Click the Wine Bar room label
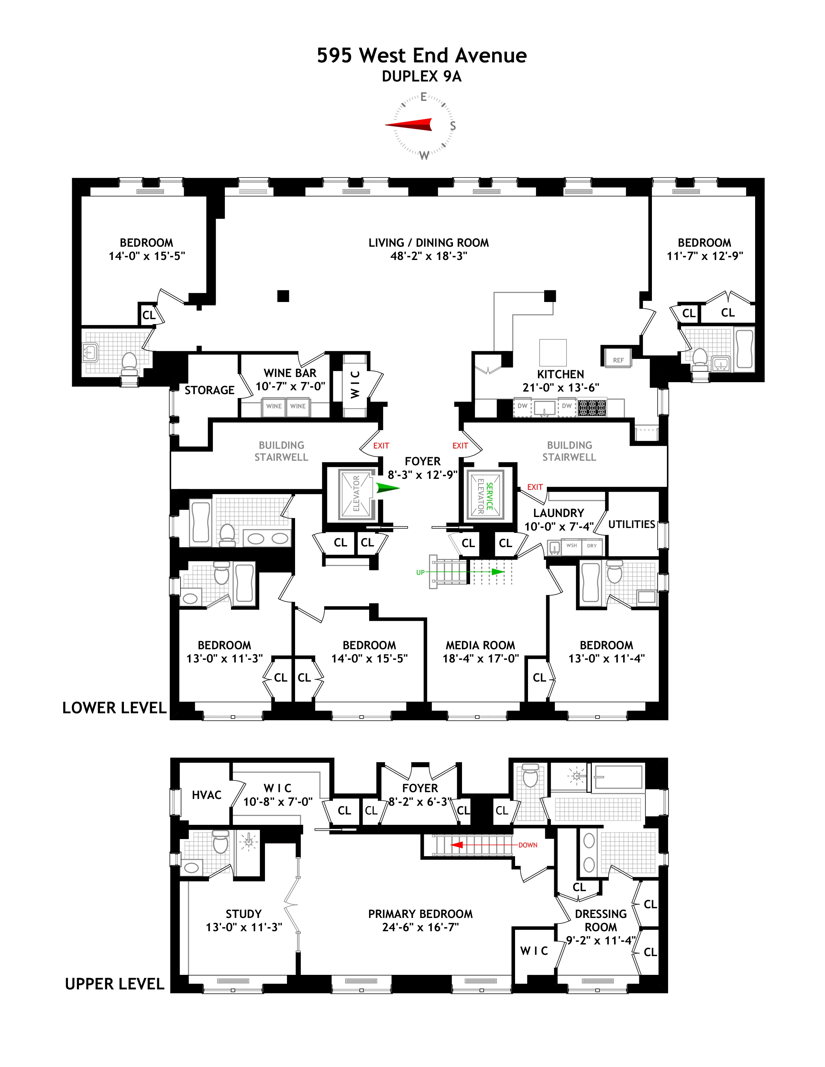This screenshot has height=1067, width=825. click(x=290, y=373)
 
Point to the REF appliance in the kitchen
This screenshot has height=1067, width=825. click(x=618, y=360)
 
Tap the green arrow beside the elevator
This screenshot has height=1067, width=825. click(x=387, y=488)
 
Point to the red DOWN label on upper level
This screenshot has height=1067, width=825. click(x=528, y=845)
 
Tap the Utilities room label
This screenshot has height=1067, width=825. click(x=632, y=524)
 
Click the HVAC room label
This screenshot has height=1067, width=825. click(x=206, y=795)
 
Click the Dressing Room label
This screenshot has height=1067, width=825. click(x=601, y=921)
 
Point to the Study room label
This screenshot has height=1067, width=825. click(x=243, y=914)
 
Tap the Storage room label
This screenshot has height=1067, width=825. click(x=209, y=390)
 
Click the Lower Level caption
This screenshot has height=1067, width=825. click(x=114, y=708)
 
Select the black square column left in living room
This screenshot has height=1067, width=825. click(x=283, y=296)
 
